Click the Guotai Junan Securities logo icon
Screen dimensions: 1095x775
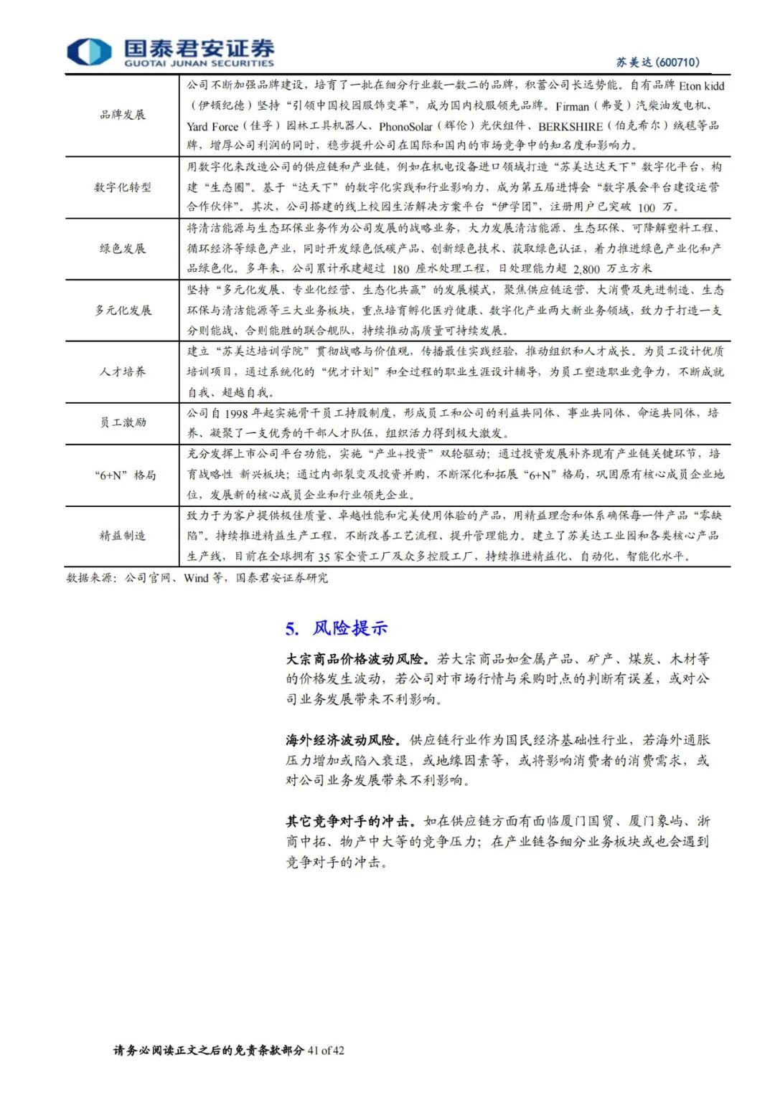(x=89, y=52)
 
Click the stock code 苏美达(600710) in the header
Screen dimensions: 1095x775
(x=657, y=62)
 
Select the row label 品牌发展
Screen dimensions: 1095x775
(x=122, y=115)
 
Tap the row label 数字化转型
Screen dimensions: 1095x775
(x=122, y=187)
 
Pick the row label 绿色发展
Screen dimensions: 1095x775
(x=122, y=249)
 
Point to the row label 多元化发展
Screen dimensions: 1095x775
(x=122, y=311)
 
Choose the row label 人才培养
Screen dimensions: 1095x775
(x=122, y=371)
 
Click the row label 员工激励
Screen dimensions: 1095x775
(x=122, y=422)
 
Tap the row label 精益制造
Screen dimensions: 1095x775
(x=122, y=536)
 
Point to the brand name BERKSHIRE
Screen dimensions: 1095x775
(x=570, y=127)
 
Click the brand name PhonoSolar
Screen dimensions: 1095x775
(x=405, y=127)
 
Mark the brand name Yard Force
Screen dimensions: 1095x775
(x=212, y=127)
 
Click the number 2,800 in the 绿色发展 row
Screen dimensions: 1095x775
(x=586, y=269)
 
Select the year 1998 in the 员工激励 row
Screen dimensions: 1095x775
(x=236, y=414)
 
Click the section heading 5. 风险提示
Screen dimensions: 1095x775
(x=336, y=629)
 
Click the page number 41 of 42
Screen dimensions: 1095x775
(x=326, y=1051)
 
